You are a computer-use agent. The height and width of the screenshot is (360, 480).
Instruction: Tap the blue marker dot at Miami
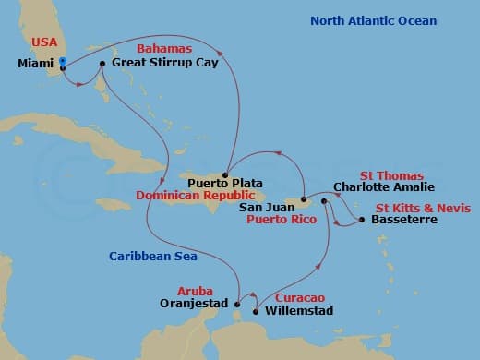click(x=62, y=61)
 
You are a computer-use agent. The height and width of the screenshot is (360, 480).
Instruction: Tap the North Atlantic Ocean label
click(x=374, y=20)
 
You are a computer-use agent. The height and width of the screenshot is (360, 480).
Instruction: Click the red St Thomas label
click(x=391, y=175)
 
